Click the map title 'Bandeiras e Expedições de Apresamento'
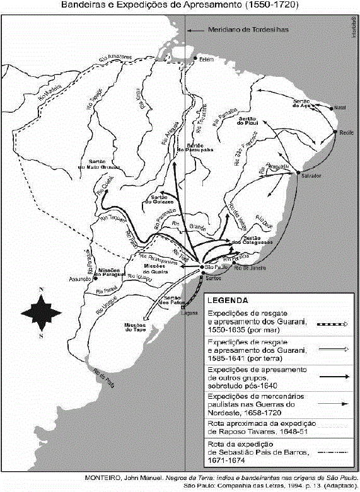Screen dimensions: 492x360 (x=180, y=5)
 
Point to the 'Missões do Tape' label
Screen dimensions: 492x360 (x=137, y=326)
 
